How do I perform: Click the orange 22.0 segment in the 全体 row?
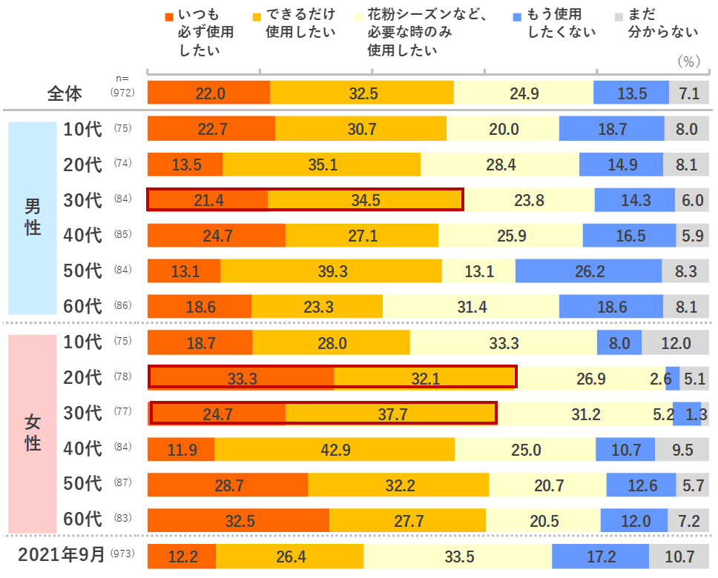(209, 93)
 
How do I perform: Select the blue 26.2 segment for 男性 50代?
(589, 271)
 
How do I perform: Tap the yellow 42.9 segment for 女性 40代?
(335, 449)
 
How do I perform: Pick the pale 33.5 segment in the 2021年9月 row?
(457, 556)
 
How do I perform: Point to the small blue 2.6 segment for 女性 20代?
(673, 378)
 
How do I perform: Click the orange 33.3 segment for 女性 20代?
(242, 378)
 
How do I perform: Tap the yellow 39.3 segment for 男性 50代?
(332, 271)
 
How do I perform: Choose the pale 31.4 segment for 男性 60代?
(471, 307)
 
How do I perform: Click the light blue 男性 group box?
(33, 218)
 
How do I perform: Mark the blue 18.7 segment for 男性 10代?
(612, 129)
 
